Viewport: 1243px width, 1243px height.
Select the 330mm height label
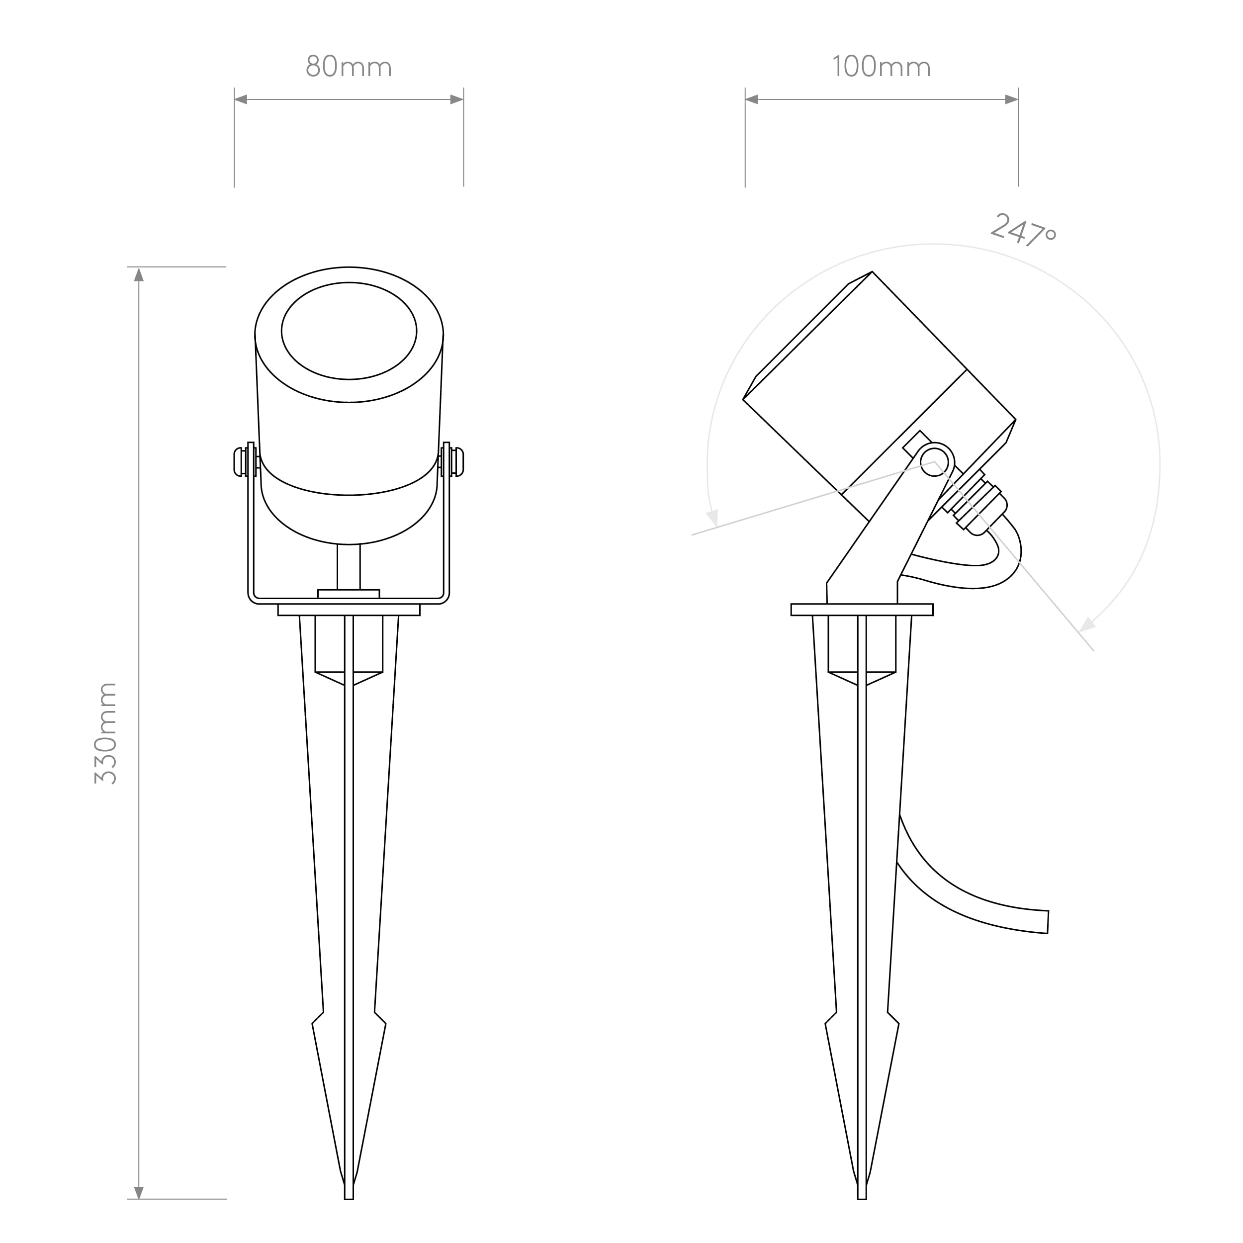click(105, 733)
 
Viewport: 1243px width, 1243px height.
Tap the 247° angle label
click(1023, 230)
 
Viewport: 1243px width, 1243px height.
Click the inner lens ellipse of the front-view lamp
click(349, 282)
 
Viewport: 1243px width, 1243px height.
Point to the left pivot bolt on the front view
click(239, 462)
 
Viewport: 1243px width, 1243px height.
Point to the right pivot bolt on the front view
click(458, 462)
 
